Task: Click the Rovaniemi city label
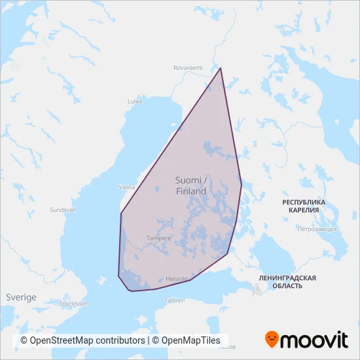click(189, 67)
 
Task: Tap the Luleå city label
click(134, 101)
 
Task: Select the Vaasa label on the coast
click(126, 187)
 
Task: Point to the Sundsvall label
click(63, 210)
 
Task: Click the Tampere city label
click(159, 238)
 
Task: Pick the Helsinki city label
click(177, 278)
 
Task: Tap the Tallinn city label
click(173, 300)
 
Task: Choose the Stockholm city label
click(74, 304)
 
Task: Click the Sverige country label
click(21, 297)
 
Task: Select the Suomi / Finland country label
click(191, 185)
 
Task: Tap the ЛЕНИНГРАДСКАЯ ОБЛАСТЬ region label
click(287, 282)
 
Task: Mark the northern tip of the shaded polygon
click(221, 68)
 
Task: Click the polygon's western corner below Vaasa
click(121, 213)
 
